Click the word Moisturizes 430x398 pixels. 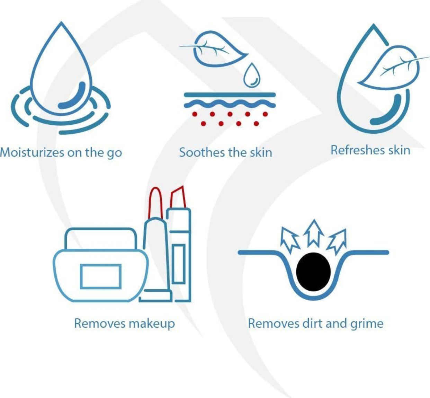pos(32,152)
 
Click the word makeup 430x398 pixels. pos(152,324)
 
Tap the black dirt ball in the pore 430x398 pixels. pos(313,272)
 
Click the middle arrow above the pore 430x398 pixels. pos(314,233)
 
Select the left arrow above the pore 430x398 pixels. pos(289,240)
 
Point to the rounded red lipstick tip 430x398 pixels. pos(155,203)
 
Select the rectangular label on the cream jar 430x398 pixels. pos(101,276)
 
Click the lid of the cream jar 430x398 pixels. pos(101,239)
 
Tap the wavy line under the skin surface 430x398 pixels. pos(230,104)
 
